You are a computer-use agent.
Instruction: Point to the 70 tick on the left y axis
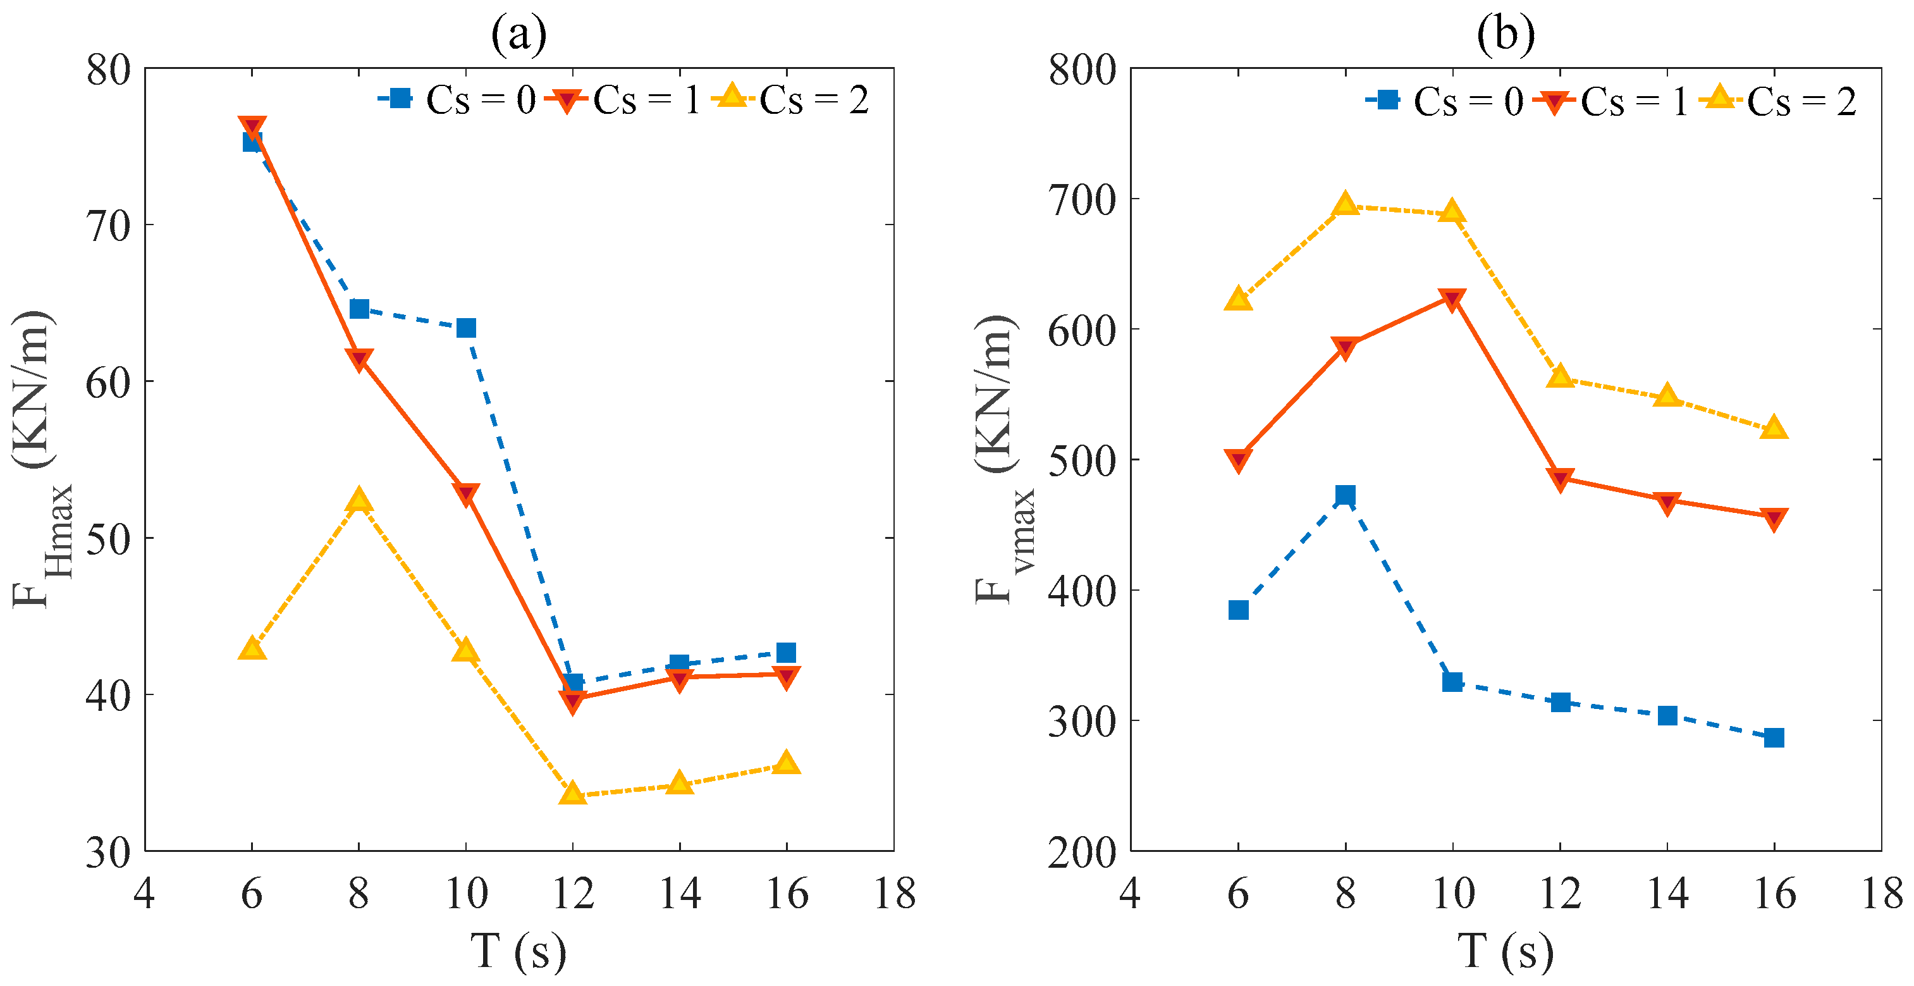[109, 225]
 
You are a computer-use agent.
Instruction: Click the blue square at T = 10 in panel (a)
[466, 328]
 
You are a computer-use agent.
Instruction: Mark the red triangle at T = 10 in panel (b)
[1452, 299]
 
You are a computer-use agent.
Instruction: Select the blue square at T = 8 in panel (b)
[1345, 495]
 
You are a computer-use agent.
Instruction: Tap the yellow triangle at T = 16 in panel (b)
[1774, 428]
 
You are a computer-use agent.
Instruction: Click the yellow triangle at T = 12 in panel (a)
[573, 794]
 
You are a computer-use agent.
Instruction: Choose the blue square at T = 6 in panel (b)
[1238, 610]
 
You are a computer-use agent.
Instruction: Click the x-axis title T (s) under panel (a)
[518, 951]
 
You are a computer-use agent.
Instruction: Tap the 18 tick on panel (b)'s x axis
[1880, 894]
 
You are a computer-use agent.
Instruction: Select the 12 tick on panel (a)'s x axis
[573, 894]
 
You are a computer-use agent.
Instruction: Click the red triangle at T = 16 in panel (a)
[786, 676]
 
